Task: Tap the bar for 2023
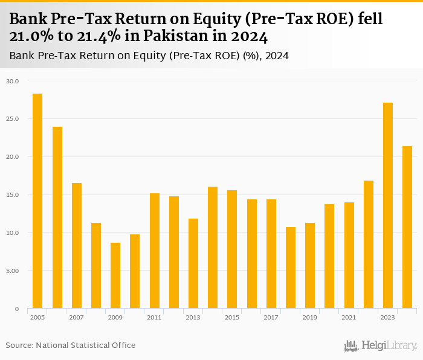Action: point(388,205)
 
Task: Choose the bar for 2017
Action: point(271,254)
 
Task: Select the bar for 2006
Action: point(57,217)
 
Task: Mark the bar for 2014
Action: point(213,248)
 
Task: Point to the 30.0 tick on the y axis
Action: point(13,81)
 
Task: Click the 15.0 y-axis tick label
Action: point(13,195)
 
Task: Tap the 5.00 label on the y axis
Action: point(13,271)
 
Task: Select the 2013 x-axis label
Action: point(193,317)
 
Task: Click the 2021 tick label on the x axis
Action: point(349,317)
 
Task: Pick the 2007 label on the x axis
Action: point(77,317)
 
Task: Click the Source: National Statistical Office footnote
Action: point(71,345)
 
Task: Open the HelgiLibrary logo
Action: point(381,346)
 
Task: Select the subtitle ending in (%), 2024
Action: point(149,56)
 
